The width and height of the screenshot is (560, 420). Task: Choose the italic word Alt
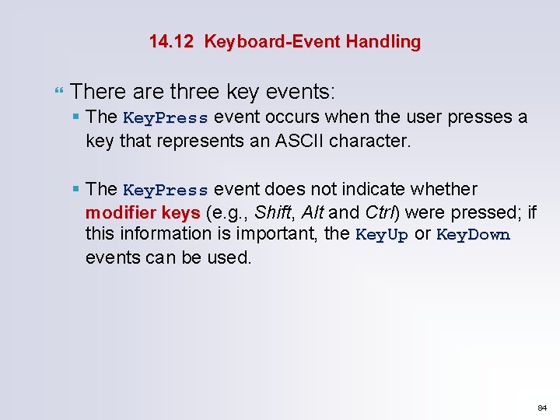pyautogui.click(x=312, y=212)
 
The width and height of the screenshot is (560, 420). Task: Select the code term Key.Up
pyautogui.click(x=381, y=235)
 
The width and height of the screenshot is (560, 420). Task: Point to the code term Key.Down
pyautogui.click(x=473, y=235)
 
